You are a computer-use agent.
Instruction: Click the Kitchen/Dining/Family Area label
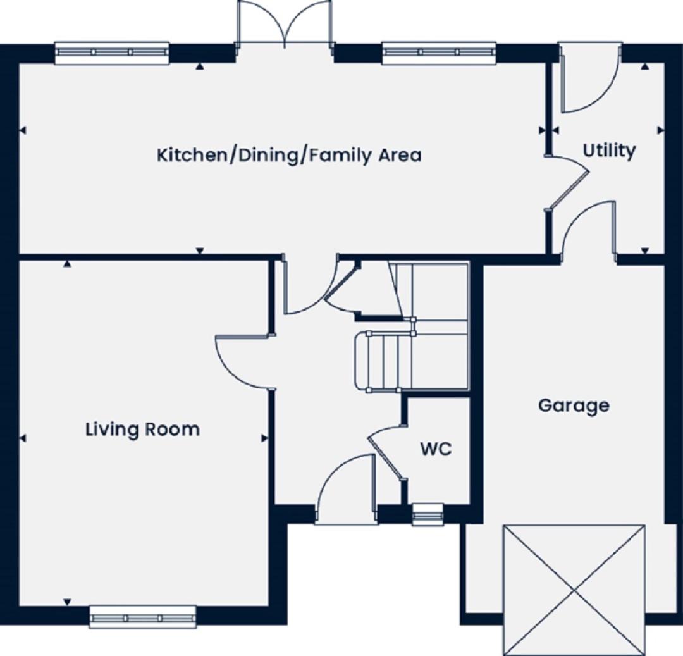tap(289, 155)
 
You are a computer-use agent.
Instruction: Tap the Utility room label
tap(609, 151)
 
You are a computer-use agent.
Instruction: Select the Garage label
tap(574, 406)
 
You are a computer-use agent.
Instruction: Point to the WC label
tap(436, 449)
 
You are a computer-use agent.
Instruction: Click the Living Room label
tap(142, 430)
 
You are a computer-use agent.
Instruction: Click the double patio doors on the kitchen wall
tap(285, 24)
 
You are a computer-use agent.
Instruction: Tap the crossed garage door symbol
tap(574, 590)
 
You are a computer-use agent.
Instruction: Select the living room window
tap(142, 617)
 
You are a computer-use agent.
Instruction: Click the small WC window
tap(428, 514)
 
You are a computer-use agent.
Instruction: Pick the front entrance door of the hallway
tap(346, 488)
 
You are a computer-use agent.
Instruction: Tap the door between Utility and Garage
tap(588, 232)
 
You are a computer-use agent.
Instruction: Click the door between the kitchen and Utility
tap(567, 183)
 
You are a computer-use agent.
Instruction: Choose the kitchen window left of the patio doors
tap(111, 53)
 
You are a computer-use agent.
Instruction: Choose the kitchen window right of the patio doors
tap(439, 53)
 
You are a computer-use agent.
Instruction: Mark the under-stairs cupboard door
tap(342, 287)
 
